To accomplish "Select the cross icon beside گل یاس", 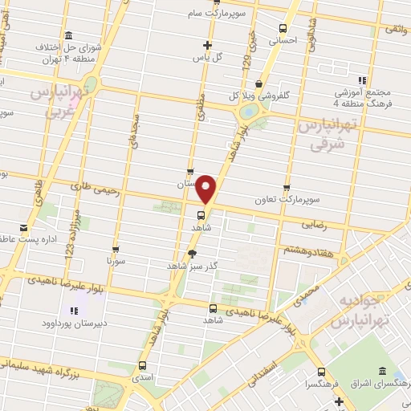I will click(208, 45).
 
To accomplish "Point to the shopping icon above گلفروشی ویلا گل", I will click(258, 83).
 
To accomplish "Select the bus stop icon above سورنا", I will click(116, 249).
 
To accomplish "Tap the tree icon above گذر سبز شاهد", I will click(192, 253).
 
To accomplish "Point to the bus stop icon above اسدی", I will click(143, 363).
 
